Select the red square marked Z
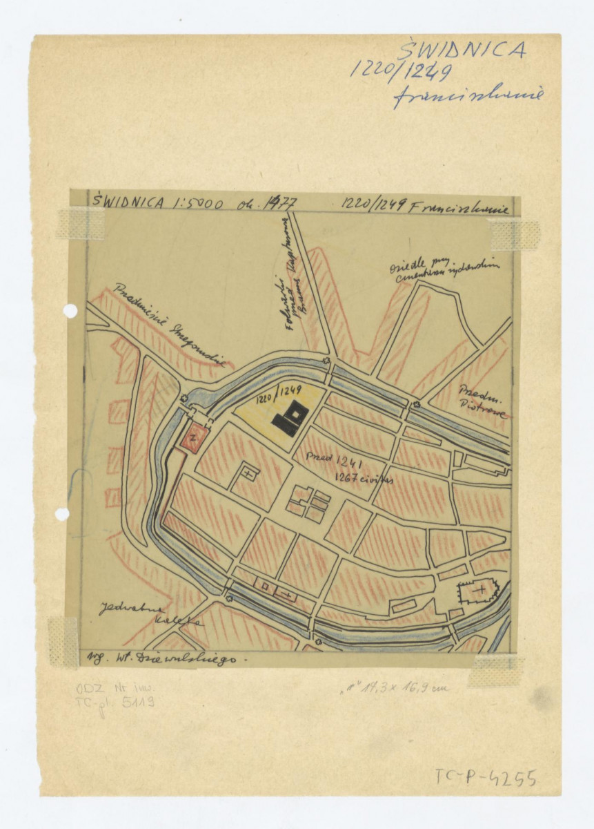[194, 437]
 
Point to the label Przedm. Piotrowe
[482, 401]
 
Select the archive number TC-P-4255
[486, 778]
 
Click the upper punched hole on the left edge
[70, 311]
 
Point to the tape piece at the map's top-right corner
[514, 234]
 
